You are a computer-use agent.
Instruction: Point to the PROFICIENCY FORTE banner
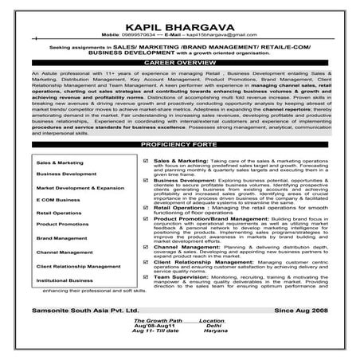click(x=179, y=121)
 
